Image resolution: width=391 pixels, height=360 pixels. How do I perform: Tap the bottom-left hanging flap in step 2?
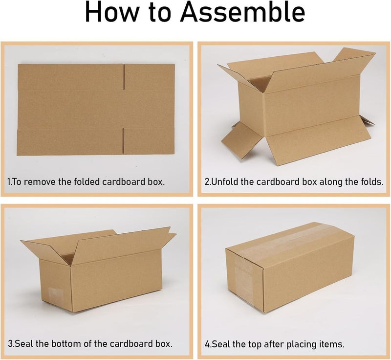pyautogui.click(x=239, y=139)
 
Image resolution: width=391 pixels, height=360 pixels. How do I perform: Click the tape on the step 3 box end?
pyautogui.click(x=58, y=295)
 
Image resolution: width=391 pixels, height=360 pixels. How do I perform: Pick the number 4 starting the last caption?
pyautogui.click(x=207, y=344)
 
